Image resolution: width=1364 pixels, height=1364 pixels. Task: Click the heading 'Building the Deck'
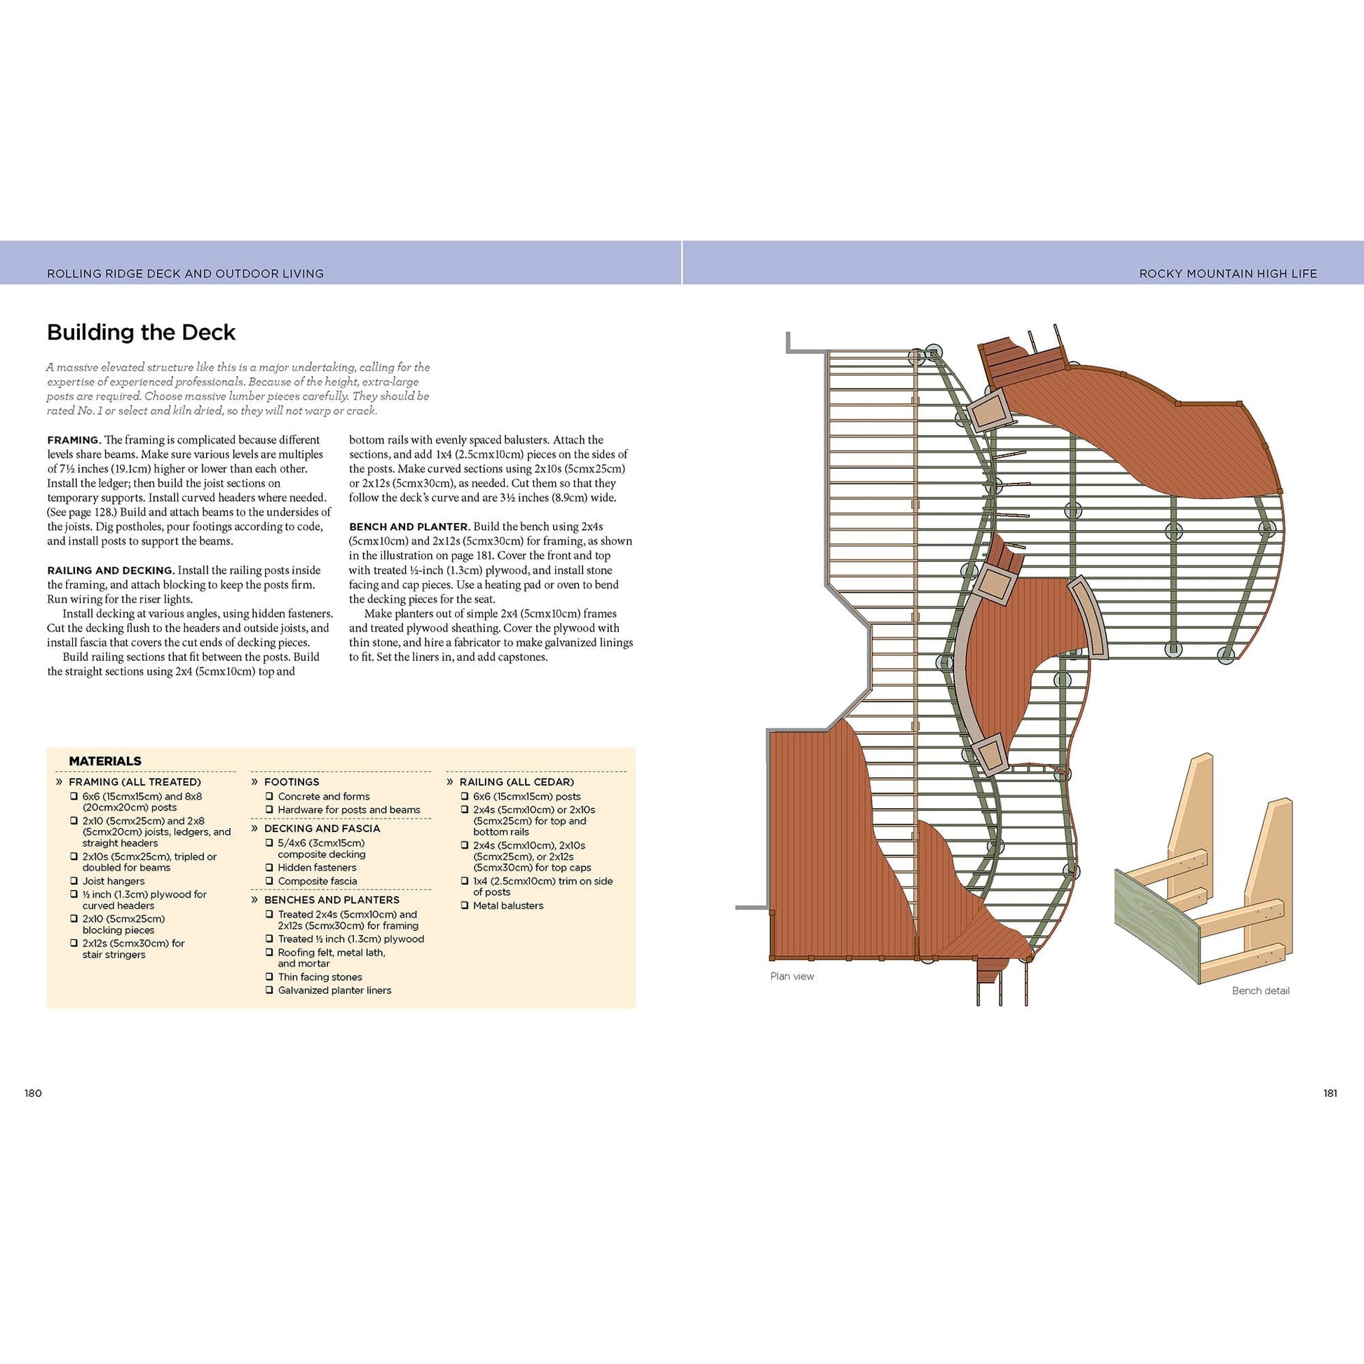pos(141,332)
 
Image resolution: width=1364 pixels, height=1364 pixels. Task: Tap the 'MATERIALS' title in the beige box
pos(104,761)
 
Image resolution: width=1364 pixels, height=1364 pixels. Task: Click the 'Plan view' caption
pos(791,976)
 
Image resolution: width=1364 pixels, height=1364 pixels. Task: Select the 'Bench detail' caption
pos(1260,990)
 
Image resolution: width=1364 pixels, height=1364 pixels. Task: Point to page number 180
pos(33,1093)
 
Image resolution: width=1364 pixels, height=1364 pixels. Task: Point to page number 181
pos(1330,1093)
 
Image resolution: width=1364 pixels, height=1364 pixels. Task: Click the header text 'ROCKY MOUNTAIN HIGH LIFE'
pos(1228,273)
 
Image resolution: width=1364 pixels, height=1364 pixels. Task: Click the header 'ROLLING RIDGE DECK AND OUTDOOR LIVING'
pos(185,273)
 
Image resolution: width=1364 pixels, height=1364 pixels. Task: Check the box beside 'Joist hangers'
pos(74,881)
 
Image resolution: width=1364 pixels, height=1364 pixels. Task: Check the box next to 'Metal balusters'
pos(465,905)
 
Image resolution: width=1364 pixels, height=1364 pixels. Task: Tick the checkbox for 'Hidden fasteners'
pos(269,868)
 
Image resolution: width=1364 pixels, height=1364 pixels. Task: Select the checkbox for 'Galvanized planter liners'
pos(269,990)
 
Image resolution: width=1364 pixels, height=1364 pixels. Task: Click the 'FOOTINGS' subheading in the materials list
pos(291,782)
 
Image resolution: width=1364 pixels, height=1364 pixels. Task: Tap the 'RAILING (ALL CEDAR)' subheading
pos(516,782)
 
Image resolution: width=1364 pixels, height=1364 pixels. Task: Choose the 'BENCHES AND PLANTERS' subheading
pos(331,900)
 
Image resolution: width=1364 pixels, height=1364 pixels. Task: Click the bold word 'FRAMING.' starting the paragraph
pos(74,440)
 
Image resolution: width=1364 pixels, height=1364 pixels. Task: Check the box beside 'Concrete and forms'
pos(269,796)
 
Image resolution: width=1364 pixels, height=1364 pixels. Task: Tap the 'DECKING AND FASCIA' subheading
pos(321,829)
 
